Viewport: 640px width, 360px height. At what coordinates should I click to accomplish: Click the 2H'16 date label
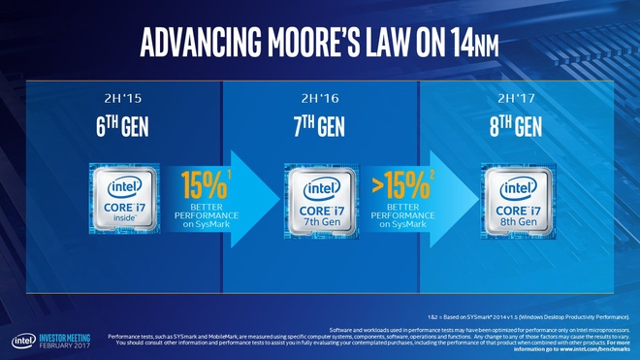coord(319,97)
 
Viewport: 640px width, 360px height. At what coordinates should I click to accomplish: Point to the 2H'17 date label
coord(515,97)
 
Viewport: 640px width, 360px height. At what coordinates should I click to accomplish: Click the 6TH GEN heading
coord(122,128)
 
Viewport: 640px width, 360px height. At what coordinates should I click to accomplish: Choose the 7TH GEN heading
coord(320,128)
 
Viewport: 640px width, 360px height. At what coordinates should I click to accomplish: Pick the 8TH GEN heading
coord(515,128)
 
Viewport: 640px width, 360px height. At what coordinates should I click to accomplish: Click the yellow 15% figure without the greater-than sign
coord(202,182)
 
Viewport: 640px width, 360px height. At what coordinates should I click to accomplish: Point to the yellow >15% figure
coord(398,182)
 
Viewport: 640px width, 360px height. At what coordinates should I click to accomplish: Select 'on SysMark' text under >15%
coord(401,225)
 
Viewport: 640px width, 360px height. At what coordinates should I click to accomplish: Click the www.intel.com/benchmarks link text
coord(592,348)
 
